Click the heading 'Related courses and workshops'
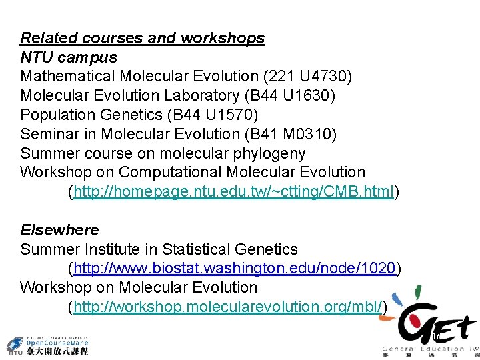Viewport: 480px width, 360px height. [142, 39]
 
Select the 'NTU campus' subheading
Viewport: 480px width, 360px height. [69, 57]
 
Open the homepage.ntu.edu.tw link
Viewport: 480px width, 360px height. [234, 193]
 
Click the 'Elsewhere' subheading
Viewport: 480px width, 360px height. [59, 230]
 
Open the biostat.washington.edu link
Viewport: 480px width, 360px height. [235, 269]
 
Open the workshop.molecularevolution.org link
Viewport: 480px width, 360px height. [227, 307]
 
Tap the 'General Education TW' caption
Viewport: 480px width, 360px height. [430, 349]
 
